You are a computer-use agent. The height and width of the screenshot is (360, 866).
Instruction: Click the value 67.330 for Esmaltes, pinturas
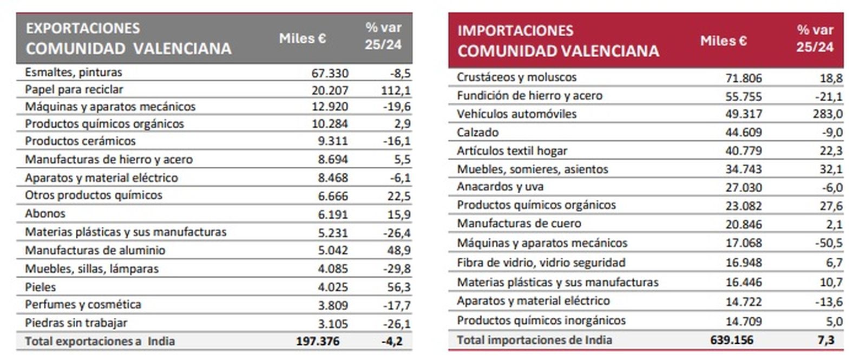pos(330,73)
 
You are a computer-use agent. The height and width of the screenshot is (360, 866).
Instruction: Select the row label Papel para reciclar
pos(74,90)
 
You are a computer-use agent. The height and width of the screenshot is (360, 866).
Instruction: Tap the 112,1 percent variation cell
pos(396,90)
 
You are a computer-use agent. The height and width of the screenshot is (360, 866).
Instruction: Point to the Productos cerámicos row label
pos(80,141)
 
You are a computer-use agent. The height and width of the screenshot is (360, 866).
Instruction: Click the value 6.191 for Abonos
pos(333,214)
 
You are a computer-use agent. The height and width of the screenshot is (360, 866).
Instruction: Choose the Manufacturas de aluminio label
pos(95,251)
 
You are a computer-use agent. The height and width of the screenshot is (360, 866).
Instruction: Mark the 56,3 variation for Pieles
pos(399,287)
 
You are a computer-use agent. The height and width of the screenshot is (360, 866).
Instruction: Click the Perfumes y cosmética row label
pos(83,305)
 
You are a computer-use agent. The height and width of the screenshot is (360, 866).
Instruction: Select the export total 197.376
pos(318,342)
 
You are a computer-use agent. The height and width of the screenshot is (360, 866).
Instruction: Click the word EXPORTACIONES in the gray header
pos(83,28)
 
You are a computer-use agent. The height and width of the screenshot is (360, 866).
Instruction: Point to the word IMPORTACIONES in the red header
pos(515,30)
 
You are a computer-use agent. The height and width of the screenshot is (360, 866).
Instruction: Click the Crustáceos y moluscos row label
pos(516,77)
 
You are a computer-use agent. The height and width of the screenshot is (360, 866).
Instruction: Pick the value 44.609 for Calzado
pos(743,133)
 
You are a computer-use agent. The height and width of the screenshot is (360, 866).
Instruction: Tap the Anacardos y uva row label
pos(500,187)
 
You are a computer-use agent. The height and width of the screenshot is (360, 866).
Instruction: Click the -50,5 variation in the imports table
pos(829,243)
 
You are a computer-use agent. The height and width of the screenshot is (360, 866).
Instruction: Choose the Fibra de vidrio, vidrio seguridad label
pos(541,263)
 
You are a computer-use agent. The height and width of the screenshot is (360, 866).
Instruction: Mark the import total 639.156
pos(732,341)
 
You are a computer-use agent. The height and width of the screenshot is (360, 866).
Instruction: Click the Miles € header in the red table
pos(723,41)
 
